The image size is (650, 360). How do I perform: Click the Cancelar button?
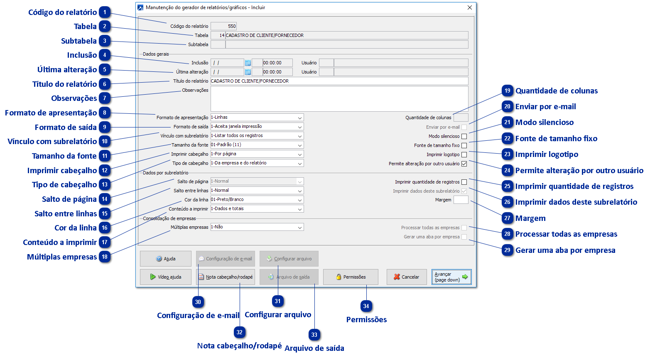407,277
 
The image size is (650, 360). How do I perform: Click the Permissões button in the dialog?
351,277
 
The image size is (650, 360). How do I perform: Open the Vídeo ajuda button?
166,277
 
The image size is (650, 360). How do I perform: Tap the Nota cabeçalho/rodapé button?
226,277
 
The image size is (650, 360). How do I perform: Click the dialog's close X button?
470,7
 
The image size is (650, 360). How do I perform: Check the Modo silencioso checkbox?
464,136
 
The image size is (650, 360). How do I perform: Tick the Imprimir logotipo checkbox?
464,154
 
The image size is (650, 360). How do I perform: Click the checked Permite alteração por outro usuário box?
464,164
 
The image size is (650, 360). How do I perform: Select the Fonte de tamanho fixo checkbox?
464,145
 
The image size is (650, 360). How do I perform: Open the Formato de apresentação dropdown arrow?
299,118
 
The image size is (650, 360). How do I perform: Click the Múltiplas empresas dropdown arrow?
299,227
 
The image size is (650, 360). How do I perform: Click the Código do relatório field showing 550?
223,26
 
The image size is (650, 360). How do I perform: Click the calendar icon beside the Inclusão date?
248,63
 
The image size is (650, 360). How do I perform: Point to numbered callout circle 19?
508,91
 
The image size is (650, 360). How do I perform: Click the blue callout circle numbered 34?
366,306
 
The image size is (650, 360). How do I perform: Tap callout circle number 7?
105,98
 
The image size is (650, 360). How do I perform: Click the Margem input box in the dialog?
461,200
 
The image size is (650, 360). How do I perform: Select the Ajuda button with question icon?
166,259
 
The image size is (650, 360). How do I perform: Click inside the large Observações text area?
339,98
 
